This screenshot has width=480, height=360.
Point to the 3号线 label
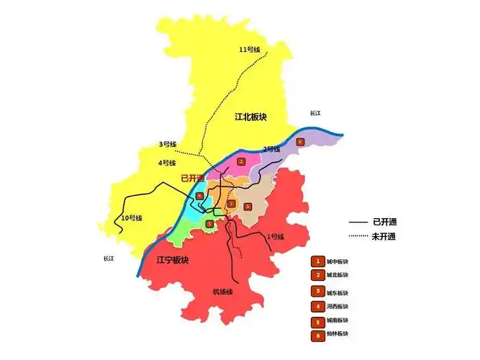[168, 144]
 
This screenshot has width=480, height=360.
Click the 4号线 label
[167, 163]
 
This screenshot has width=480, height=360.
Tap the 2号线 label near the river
[271, 149]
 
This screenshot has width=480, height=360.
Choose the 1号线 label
[276, 237]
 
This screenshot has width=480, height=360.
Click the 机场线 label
[222, 292]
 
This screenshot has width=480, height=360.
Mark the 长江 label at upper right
[315, 113]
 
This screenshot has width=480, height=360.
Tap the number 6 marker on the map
[300, 141]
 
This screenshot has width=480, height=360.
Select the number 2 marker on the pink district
[242, 162]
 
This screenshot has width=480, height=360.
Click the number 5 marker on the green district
[209, 224]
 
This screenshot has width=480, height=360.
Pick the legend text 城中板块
[337, 261]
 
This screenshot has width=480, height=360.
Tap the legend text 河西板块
[337, 306]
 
